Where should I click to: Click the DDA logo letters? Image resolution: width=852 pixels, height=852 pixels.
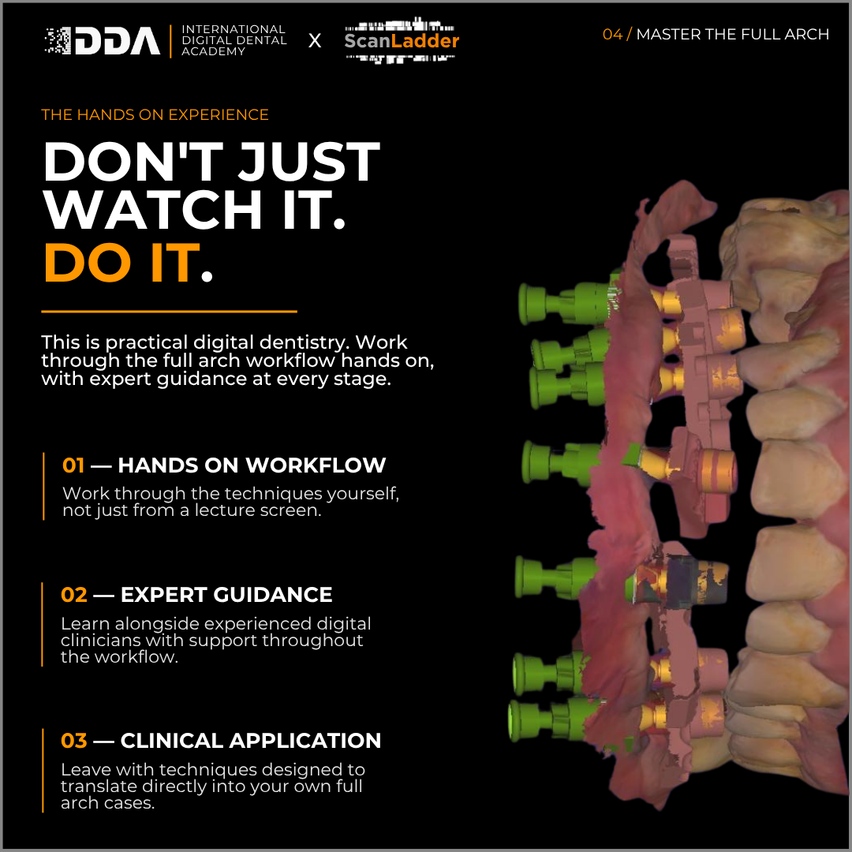click(x=118, y=41)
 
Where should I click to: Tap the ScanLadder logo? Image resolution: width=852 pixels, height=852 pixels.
click(x=402, y=40)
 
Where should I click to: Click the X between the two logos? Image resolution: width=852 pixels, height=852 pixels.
click(x=315, y=41)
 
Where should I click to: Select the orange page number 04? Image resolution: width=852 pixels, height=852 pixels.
click(x=612, y=34)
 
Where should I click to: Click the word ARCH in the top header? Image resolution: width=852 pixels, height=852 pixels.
click(x=807, y=34)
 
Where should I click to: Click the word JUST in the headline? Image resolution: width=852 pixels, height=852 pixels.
click(x=308, y=162)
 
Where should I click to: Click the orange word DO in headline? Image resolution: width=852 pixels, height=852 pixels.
click(x=88, y=263)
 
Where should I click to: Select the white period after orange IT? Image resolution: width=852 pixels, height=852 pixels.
click(x=207, y=277)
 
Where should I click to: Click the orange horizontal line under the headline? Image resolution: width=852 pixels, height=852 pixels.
click(x=169, y=312)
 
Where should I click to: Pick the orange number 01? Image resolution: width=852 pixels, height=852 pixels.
click(x=73, y=465)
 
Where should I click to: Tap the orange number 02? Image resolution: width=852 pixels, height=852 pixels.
click(x=74, y=595)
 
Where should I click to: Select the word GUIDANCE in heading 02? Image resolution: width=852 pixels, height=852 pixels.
click(x=272, y=595)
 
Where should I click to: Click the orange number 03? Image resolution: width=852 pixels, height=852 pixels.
click(x=74, y=741)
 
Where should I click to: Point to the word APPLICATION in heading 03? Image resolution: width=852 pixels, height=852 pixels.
click(x=305, y=741)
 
